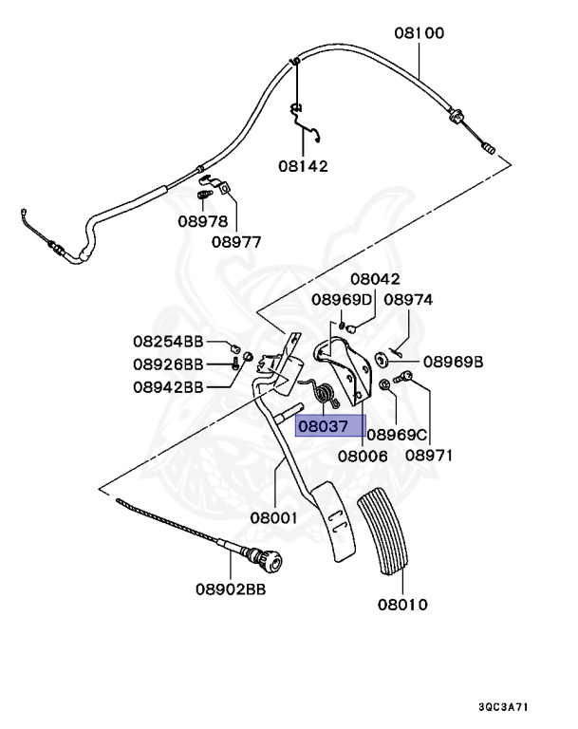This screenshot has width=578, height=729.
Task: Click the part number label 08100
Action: [x=420, y=32]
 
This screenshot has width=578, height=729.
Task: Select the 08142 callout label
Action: [x=303, y=165]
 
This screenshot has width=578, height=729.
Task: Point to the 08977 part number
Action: [x=236, y=241]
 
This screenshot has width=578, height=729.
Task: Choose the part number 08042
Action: [x=375, y=279]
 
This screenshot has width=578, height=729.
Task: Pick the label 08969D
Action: [x=342, y=300]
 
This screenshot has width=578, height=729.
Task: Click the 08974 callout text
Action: [x=408, y=300]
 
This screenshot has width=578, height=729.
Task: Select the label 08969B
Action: [x=454, y=362]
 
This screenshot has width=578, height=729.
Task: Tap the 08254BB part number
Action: [x=168, y=341]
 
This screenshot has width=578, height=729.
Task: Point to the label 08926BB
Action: [x=168, y=364]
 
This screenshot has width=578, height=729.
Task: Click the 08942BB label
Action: [x=168, y=386]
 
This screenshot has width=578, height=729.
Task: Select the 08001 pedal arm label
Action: [x=274, y=518]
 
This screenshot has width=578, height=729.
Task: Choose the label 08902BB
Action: [x=231, y=589]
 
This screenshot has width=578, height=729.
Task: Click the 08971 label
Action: [x=429, y=455]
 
